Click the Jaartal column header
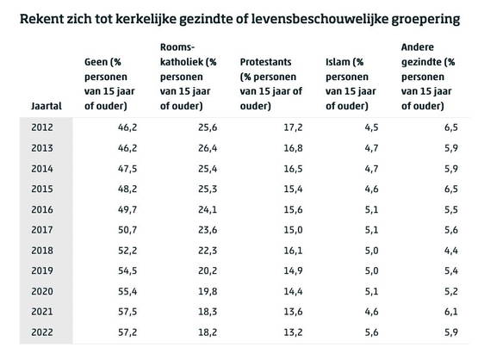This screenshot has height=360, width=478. [47, 106]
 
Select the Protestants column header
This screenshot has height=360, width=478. [271, 84]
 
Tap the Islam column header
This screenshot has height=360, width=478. [351, 84]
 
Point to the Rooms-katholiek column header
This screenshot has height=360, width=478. [188, 77]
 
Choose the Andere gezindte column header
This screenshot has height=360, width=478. [428, 77]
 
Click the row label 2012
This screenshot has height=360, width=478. [42, 127]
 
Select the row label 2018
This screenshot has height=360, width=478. [42, 251]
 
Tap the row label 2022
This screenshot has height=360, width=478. [42, 332]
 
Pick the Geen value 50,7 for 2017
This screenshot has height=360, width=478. [127, 230]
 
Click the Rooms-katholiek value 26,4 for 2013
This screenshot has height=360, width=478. [208, 148]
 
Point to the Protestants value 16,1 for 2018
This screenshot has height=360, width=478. [294, 251]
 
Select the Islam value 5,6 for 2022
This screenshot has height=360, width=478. [371, 332]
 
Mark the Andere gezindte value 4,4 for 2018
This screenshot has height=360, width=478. [451, 251]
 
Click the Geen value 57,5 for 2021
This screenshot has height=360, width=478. [127, 312]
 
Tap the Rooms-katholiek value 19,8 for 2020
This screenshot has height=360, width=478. [208, 291]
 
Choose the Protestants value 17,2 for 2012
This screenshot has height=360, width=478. [294, 127]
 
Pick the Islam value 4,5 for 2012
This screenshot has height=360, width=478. [371, 127]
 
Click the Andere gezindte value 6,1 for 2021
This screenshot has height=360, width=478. [451, 312]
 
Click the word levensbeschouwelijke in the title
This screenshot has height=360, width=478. [320, 19]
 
